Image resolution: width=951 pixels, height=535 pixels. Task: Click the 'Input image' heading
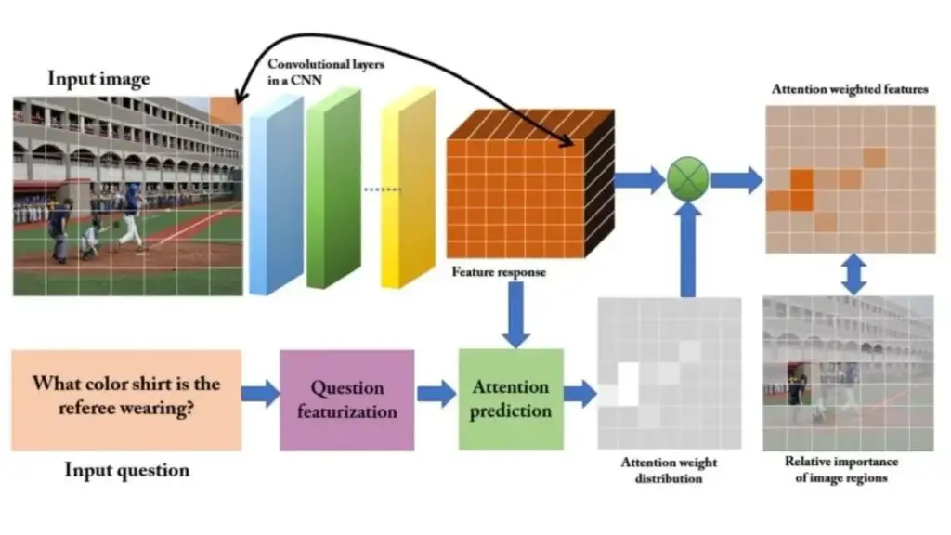pos(98,78)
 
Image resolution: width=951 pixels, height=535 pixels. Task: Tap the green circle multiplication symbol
pos(688,176)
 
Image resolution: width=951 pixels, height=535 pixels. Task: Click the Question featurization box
pos(346,399)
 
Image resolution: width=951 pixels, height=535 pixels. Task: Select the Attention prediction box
pos(511,399)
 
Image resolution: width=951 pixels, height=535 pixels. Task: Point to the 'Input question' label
pos(126,470)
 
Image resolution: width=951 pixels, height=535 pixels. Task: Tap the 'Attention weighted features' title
pos(849,89)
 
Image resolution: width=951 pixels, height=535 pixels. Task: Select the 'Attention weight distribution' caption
pos(669,470)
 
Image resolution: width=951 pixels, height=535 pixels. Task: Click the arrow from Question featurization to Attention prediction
pos(436,394)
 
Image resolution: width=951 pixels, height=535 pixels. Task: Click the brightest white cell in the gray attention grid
pos(629,383)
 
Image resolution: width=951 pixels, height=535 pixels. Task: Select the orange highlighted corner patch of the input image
pos(225,111)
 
